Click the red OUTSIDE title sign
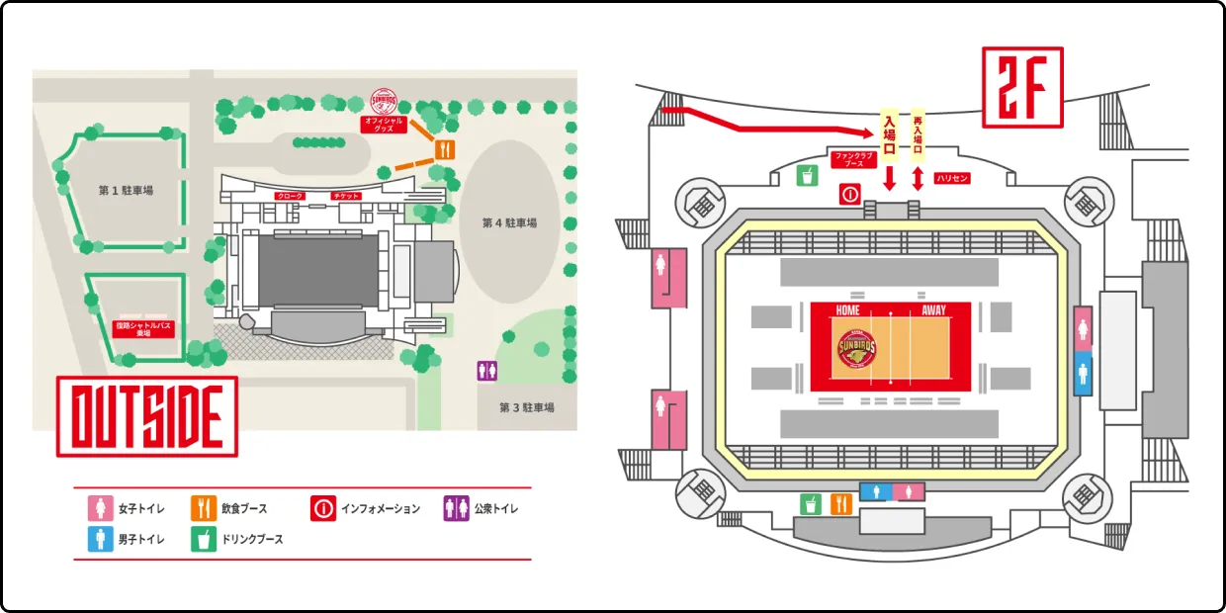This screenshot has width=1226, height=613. pos(146,416)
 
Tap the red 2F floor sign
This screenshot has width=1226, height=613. pos(1022,86)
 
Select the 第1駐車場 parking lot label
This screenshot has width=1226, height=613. pos(126,191)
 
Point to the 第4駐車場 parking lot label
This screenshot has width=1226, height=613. pos(509,223)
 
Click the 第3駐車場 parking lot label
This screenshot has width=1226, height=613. pos(526,407)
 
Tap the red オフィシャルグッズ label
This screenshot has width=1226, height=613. pos(387,125)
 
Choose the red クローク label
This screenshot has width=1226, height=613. pos(291,197)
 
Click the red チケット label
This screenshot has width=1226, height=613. pos(346,197)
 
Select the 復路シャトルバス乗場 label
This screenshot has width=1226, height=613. pos(144,328)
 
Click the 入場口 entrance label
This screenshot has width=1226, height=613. pos(890,136)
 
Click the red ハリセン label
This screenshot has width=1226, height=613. pos(951,178)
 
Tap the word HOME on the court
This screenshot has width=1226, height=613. pos(847,310)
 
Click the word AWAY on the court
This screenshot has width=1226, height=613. pos(933,310)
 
